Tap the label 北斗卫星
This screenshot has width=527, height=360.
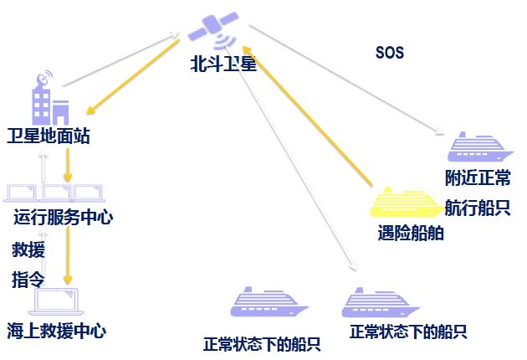coord(223,64)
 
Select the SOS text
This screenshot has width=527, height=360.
coord(390,53)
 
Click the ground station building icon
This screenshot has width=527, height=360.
coord(49,100)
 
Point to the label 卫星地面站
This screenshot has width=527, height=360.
coord(48,136)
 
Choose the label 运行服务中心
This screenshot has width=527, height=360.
coord(64,218)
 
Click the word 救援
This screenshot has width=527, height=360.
coord(28,249)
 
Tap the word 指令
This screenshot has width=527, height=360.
coord(28,278)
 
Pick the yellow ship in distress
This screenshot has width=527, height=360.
coord(406,203)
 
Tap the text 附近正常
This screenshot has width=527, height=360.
coord(478,178)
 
